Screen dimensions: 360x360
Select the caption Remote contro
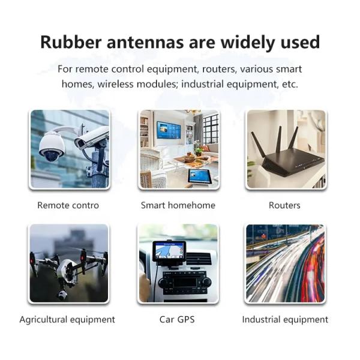68,205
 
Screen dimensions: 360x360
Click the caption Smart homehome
178,205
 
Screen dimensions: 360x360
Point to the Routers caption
284,205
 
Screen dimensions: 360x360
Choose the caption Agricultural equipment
67,319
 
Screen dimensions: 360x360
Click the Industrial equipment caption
285,319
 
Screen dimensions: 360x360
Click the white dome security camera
51,145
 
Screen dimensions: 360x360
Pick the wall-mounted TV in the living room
170,131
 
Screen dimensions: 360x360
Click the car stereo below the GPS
184,282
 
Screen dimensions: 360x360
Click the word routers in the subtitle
205,68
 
